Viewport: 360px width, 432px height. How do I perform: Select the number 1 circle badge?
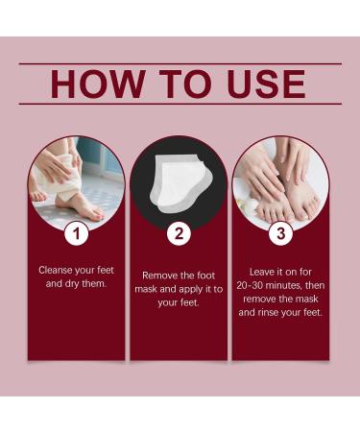76,231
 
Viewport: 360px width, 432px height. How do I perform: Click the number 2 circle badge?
179,231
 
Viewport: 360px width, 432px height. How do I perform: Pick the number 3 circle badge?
280,231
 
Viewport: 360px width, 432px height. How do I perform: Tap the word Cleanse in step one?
58,270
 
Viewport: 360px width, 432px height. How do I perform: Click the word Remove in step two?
161,275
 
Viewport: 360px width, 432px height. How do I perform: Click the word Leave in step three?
261,271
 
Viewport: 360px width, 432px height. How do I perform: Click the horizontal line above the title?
180,63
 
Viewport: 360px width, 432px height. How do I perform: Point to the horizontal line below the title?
180,104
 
